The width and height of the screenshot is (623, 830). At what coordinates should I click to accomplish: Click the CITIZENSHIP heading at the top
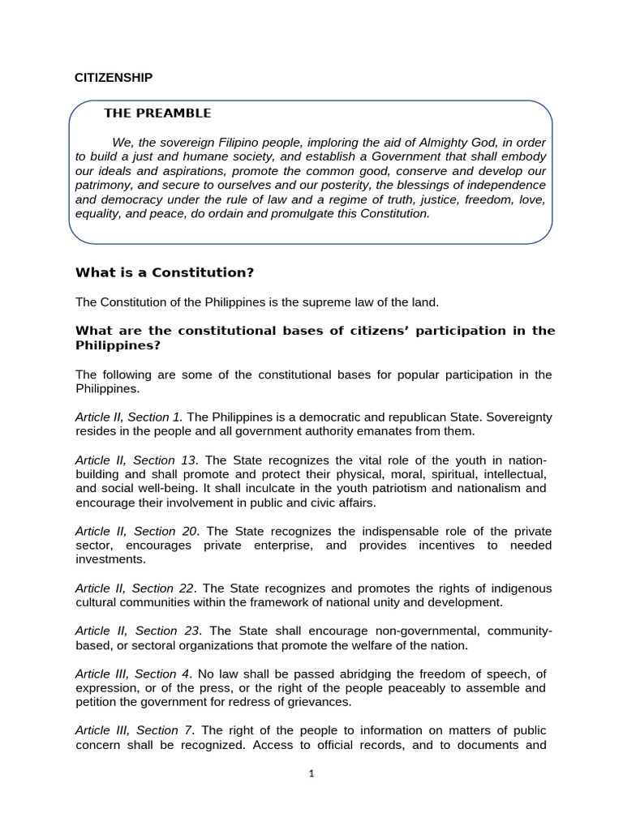tap(114, 78)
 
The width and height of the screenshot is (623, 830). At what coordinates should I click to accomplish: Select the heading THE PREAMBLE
tap(157, 113)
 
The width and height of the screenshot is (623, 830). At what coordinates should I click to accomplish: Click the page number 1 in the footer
tap(311, 774)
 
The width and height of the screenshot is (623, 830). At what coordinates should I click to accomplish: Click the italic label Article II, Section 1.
tap(129, 417)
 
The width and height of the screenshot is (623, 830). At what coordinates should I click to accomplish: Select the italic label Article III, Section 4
tap(133, 674)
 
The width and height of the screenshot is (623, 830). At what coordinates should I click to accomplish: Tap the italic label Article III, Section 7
tap(135, 730)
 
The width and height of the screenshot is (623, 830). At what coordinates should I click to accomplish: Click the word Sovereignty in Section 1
tap(515, 417)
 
